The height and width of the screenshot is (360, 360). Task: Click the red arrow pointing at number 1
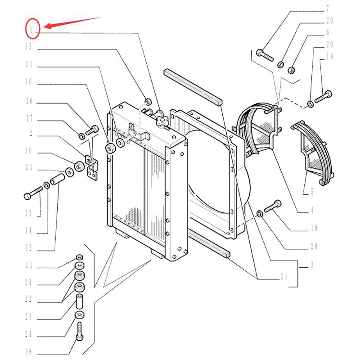click(x=72, y=22)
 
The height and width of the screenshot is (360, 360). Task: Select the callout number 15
click(x=28, y=47)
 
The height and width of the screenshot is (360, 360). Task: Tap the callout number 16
click(x=29, y=101)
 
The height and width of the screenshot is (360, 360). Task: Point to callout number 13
click(x=28, y=213)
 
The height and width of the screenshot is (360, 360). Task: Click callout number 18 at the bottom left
click(x=28, y=351)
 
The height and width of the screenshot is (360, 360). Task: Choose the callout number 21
click(x=284, y=276)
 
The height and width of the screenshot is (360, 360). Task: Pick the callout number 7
click(x=328, y=9)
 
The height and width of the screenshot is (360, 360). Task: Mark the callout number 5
click(x=312, y=192)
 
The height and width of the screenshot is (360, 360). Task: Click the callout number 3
click(x=312, y=265)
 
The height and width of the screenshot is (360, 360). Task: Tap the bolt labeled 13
click(x=33, y=193)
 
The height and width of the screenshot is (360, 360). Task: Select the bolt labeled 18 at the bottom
click(x=80, y=331)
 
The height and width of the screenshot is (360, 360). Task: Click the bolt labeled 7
click(x=265, y=55)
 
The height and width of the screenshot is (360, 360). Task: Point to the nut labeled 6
click(x=291, y=70)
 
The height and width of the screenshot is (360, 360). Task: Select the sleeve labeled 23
click(x=80, y=301)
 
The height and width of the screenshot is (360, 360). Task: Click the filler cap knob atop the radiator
click(x=162, y=121)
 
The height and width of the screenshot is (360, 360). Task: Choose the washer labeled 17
click(x=81, y=136)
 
